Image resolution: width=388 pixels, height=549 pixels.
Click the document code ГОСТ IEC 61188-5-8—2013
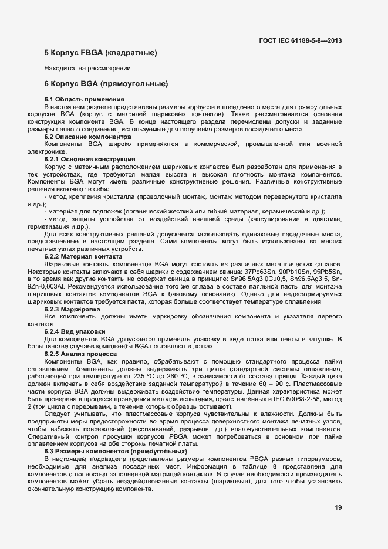point(300,40)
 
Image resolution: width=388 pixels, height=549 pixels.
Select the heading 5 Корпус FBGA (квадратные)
point(100,53)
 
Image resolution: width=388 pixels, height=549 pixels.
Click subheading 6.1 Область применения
point(85,99)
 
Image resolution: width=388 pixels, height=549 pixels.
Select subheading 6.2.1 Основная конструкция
point(90,159)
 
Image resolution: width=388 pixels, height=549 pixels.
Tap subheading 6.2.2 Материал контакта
point(83,256)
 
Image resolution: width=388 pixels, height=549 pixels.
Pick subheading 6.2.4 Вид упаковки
point(75,331)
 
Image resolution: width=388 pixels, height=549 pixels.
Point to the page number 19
point(339,508)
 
